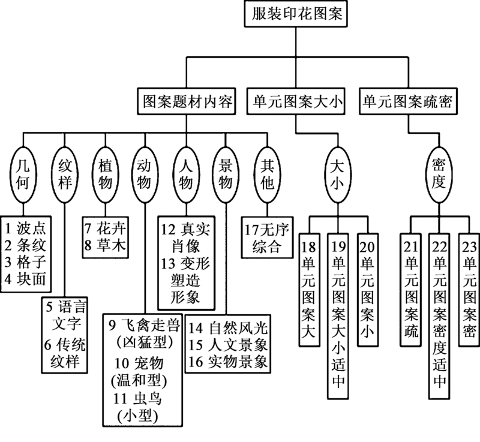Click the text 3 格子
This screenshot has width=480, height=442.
[25, 262]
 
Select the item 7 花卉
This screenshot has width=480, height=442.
[104, 228]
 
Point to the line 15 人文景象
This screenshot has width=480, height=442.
[228, 346]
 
